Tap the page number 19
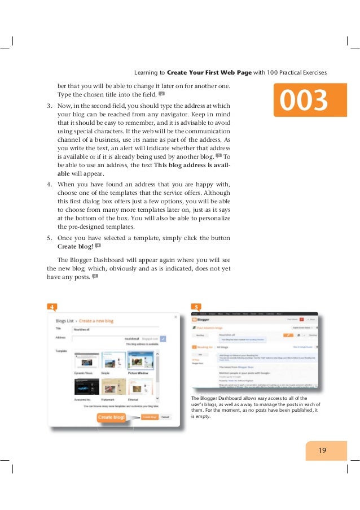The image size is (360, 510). coord(322,450)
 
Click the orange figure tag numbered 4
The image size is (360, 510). coord(51,307)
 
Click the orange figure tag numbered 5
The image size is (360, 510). coord(195,307)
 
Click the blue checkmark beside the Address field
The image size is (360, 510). coord(163,338)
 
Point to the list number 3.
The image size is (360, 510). coord(49,106)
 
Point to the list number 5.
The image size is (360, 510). coord(49,238)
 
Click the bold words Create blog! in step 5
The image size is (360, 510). coord(74,247)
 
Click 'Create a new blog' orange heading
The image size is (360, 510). coord(96,321)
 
